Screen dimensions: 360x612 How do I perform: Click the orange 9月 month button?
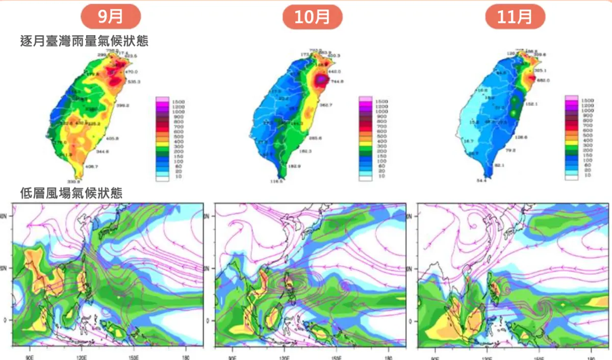111,17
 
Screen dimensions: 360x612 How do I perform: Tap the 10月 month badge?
312,17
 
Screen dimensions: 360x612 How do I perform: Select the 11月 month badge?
515,17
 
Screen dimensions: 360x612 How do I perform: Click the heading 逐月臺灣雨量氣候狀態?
84,41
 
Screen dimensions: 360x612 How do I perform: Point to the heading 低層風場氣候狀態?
71,193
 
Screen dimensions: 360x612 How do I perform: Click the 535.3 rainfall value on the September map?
134,82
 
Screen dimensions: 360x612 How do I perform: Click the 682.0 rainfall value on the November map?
544,81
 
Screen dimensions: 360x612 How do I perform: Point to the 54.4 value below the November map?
481,181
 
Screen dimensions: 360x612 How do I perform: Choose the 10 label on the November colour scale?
588,175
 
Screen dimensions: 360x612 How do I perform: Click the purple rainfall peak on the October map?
321,80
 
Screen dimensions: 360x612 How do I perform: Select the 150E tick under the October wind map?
337,352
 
